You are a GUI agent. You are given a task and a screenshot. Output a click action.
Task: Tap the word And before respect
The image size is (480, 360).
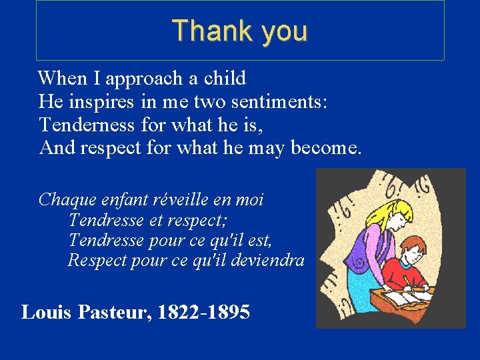(x=57, y=147)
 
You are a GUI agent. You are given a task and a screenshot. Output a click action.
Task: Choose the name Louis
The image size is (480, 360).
(x=47, y=312)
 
